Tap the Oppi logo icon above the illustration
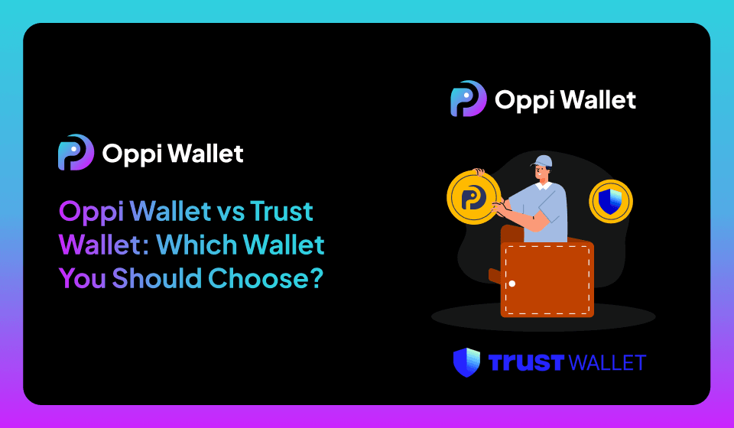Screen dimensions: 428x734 tap(468, 99)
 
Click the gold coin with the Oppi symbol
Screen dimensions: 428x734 tap(473, 198)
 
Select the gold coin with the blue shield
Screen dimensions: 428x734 tap(611, 202)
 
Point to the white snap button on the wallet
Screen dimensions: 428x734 tap(512, 284)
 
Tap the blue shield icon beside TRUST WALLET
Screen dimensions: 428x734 tap(466, 362)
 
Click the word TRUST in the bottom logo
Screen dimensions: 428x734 tap(524, 362)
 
